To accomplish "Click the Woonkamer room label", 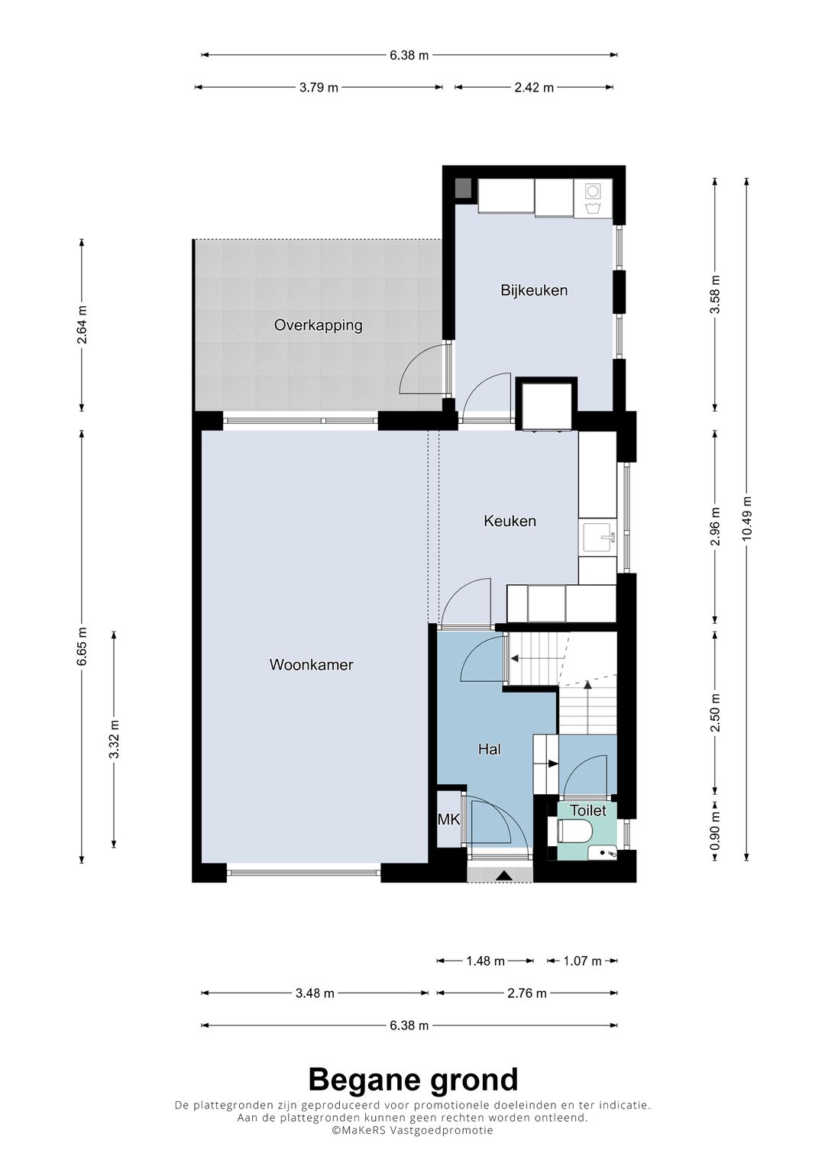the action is click(312, 665).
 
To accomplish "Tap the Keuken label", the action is click(510, 521).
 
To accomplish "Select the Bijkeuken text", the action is click(534, 290).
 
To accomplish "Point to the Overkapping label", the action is click(319, 325).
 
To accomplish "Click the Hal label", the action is click(490, 749).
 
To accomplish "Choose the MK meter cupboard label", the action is click(448, 819).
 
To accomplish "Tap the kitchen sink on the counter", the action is click(599, 537).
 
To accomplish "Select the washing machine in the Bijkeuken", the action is click(594, 199).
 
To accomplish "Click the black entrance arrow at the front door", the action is click(503, 876).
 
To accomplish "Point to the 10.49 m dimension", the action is click(747, 518).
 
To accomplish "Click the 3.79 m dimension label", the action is click(319, 88).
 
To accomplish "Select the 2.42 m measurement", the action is click(534, 88).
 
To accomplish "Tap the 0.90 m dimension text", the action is click(715, 831).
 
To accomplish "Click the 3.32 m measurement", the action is click(115, 739).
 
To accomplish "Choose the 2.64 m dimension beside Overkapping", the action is click(82, 325).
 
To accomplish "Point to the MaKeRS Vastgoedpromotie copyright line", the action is click(412, 1130).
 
